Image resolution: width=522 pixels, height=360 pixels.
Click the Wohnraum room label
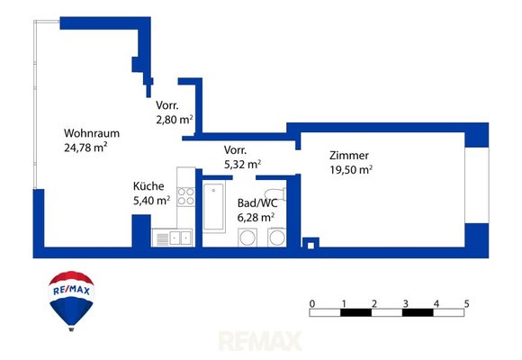(x=92, y=133)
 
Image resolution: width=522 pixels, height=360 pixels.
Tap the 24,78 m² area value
(x=85, y=148)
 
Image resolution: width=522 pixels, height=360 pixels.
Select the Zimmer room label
(x=349, y=156)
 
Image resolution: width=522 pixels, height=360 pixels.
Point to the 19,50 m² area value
(x=351, y=169)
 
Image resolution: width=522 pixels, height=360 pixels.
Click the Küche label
(x=148, y=185)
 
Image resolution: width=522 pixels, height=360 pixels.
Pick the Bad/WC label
(x=257, y=203)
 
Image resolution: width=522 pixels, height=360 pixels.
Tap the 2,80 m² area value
(x=175, y=119)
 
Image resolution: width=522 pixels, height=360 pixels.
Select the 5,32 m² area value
(x=242, y=164)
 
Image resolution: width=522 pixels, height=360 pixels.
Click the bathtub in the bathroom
(x=213, y=206)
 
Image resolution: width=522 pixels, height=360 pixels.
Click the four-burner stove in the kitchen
(x=185, y=196)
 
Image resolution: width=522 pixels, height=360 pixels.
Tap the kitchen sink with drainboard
(x=173, y=238)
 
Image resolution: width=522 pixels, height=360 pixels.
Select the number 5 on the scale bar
(x=467, y=303)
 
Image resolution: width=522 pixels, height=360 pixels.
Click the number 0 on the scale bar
(x=312, y=303)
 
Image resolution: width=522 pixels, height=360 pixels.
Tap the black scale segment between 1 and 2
(x=355, y=312)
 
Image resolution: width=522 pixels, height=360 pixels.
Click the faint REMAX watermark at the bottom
(x=260, y=341)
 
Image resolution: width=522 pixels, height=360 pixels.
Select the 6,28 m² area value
(x=256, y=217)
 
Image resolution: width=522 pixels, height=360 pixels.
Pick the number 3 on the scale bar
(x=405, y=303)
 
